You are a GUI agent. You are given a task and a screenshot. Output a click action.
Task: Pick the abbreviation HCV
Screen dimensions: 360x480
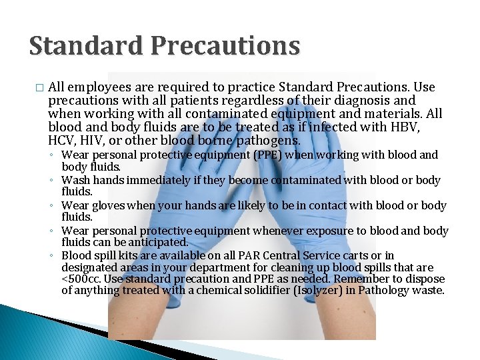coord(62,141)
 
